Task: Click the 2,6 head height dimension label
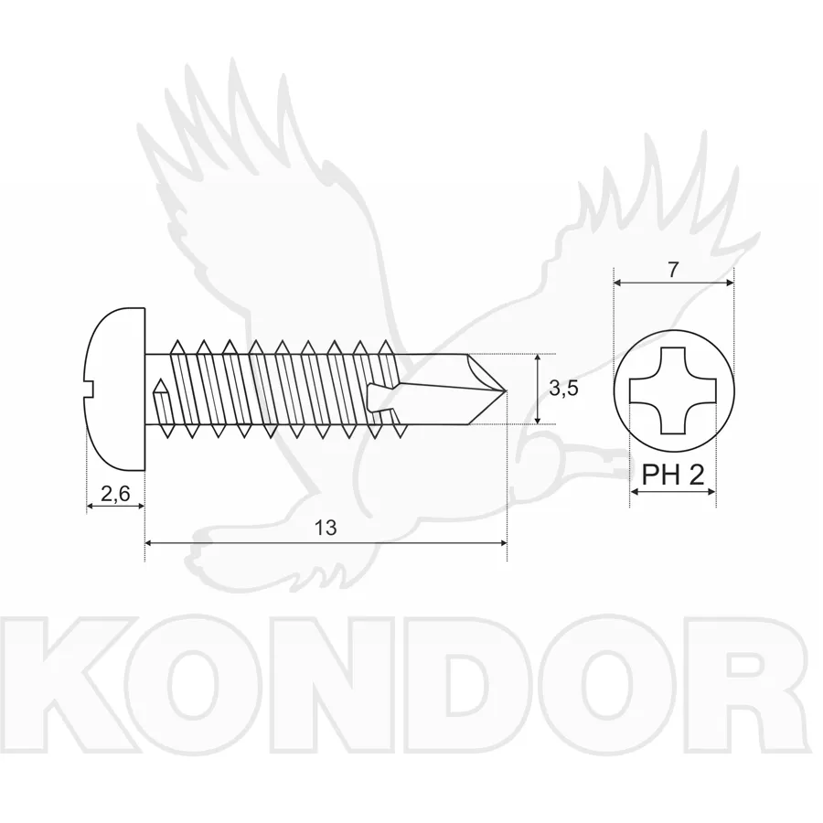pyautogui.click(x=115, y=494)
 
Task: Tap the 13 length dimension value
pyautogui.click(x=326, y=528)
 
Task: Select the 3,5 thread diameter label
pyautogui.click(x=563, y=389)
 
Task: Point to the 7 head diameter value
pyautogui.click(x=673, y=269)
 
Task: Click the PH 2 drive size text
pyautogui.click(x=673, y=476)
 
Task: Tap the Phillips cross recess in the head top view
pyautogui.click(x=673, y=390)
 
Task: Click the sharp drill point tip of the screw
pyautogui.click(x=505, y=390)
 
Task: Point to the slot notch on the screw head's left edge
pyautogui.click(x=89, y=389)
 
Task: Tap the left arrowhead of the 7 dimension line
pyautogui.click(x=619, y=283)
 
